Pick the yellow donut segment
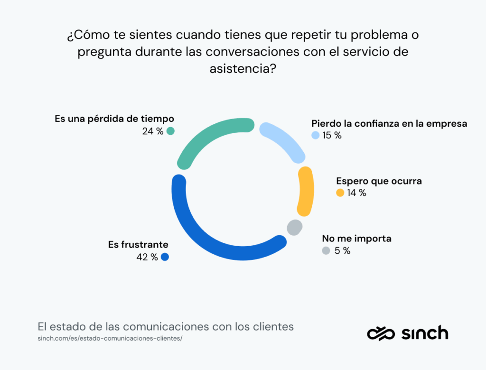coord(306,192)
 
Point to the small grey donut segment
coord(294,227)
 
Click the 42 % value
coord(148,257)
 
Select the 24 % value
coord(152,131)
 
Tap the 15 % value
coord(332,135)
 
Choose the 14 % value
coord(356,193)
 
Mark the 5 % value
coord(342,250)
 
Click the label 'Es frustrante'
coord(138,245)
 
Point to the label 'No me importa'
coord(356,238)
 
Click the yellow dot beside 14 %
coord(340,193)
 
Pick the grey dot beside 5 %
coord(326,250)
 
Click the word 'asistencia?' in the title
coord(243,68)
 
